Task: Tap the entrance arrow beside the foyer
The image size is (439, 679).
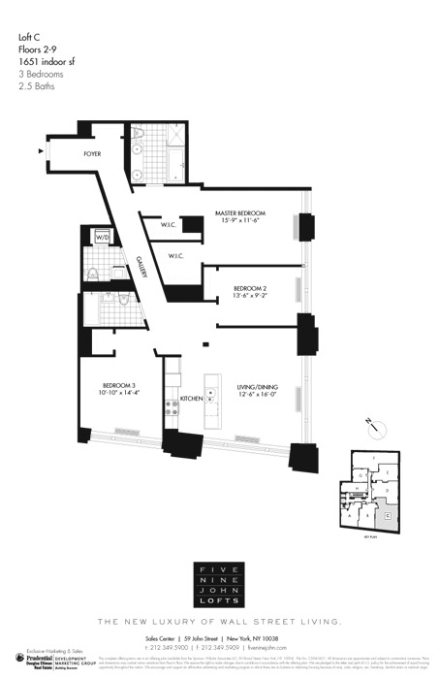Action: (41, 150)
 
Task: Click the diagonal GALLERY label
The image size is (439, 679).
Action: (141, 266)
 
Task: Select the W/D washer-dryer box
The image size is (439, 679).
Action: (103, 236)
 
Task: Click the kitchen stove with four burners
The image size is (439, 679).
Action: (172, 409)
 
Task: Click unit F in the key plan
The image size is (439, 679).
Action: (376, 456)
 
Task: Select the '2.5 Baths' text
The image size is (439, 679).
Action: (36, 86)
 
